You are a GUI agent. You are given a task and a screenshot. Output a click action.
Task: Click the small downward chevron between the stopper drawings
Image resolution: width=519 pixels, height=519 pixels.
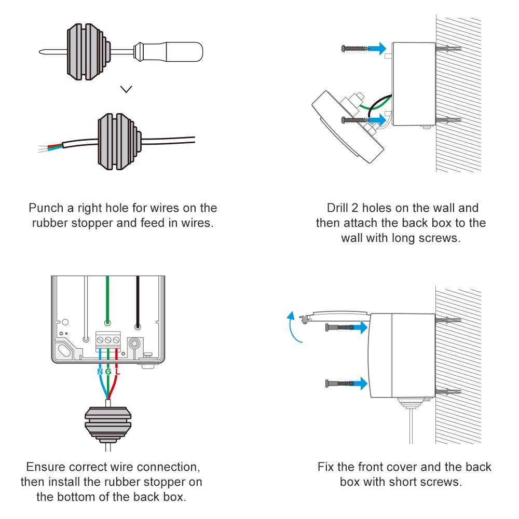126,89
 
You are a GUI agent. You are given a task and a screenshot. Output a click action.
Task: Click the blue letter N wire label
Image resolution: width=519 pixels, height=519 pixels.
100,372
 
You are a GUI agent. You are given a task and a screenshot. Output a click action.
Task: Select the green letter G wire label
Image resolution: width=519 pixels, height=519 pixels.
108,372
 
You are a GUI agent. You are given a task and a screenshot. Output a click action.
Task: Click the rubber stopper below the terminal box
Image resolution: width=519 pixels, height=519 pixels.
108,421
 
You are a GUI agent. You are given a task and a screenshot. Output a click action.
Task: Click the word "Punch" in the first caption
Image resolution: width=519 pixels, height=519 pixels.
46,209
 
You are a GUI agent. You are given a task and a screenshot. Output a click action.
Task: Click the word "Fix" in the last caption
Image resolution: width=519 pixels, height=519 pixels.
326,466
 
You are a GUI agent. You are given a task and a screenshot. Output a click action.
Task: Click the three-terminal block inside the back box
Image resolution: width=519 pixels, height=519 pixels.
108,340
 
